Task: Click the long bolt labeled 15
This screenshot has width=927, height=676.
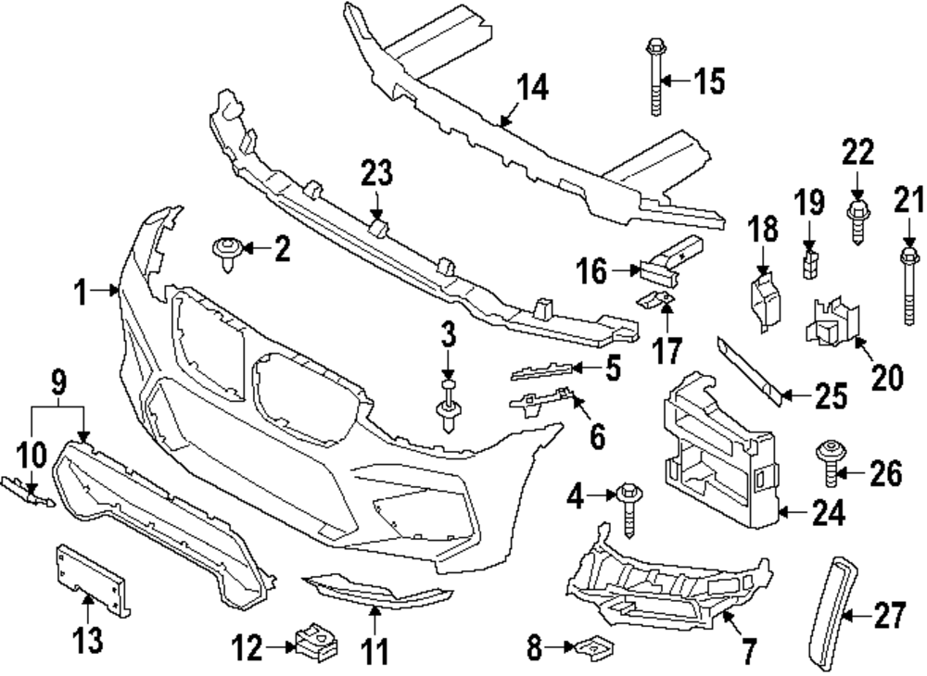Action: pos(653,79)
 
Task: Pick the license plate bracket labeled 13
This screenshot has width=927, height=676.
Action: pos(89,579)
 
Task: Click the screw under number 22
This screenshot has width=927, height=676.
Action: pos(858,222)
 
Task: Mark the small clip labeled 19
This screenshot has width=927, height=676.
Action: pos(810,261)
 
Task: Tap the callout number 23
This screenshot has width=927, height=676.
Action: pos(377,172)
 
